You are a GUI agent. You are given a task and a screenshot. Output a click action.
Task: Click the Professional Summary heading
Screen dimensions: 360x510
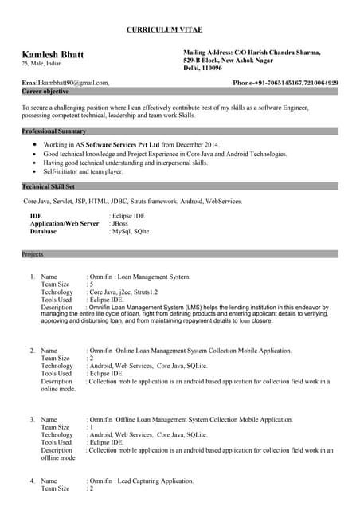tap(54, 130)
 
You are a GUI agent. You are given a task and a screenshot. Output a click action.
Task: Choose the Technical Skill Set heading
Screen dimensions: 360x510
tap(53, 186)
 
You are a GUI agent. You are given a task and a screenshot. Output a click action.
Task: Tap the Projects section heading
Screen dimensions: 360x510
tap(33, 253)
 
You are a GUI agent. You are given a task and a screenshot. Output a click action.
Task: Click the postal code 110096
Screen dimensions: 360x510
tap(213, 69)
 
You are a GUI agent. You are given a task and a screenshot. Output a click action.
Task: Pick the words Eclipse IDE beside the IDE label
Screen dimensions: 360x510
tap(129, 216)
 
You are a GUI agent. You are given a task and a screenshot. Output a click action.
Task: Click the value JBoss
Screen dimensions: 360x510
tap(120, 224)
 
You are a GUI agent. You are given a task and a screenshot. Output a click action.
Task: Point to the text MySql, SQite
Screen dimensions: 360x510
tap(131, 232)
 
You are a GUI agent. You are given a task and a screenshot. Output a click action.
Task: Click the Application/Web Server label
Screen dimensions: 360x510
tap(65, 224)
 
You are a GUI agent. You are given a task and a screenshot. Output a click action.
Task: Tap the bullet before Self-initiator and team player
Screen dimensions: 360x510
tap(33, 171)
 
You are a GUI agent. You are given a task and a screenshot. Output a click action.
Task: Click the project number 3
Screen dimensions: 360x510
tap(32, 419)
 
